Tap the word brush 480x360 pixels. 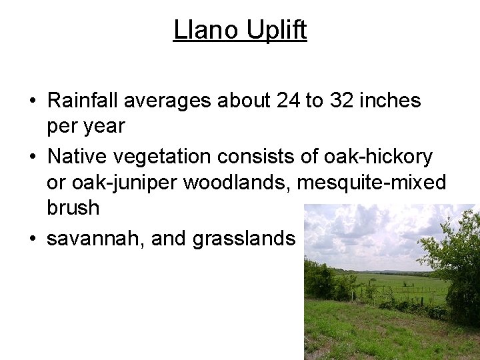(x=73, y=207)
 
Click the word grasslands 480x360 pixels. (x=243, y=238)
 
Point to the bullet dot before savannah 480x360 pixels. (x=32, y=239)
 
